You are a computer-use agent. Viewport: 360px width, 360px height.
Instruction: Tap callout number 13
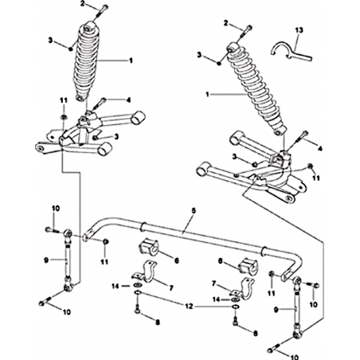(x=299, y=30)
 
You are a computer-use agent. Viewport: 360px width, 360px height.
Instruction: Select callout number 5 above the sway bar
(x=194, y=210)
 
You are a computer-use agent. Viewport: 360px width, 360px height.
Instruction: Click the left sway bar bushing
(x=149, y=248)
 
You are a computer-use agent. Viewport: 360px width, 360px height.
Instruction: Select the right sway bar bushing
(x=248, y=265)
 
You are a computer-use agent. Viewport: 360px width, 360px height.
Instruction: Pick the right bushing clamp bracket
(x=245, y=288)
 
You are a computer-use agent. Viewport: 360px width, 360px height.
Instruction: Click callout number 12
(x=189, y=306)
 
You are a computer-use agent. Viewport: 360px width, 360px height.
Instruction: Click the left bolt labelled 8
(x=137, y=309)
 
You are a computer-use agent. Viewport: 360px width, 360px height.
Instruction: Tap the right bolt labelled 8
(x=235, y=321)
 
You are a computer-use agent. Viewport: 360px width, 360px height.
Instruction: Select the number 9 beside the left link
(x=46, y=260)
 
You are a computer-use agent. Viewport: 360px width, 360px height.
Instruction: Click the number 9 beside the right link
(x=276, y=310)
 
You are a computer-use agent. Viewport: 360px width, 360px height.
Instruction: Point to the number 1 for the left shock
(x=131, y=61)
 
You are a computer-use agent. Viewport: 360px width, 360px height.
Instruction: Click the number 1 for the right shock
(x=209, y=94)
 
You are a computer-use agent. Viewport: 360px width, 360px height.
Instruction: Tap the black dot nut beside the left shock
(x=71, y=49)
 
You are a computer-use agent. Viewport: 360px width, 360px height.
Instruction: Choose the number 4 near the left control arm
(x=128, y=100)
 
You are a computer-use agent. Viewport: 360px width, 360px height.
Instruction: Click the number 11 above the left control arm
(x=64, y=100)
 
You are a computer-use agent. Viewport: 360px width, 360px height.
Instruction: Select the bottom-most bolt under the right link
(x=275, y=347)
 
